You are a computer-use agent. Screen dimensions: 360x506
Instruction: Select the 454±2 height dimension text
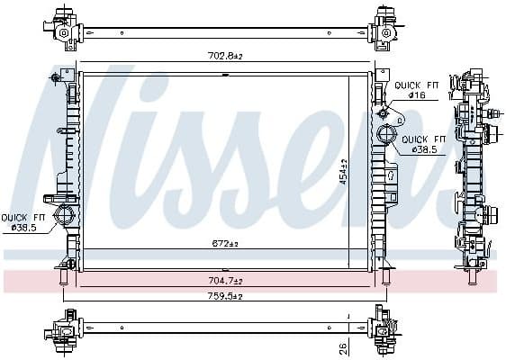343,170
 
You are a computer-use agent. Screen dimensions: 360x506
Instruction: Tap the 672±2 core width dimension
224,244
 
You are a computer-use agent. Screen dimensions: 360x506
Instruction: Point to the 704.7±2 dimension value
226,280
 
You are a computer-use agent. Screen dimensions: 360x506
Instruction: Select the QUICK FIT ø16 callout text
413,90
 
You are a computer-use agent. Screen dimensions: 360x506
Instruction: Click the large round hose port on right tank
385,136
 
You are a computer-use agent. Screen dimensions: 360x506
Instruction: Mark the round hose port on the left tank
65,215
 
